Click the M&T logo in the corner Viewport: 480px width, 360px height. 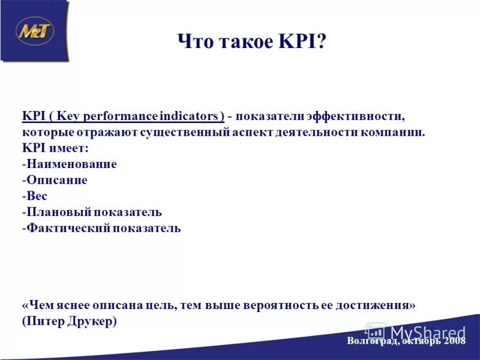coord(35,31)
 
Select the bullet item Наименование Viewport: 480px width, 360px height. coord(71,164)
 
